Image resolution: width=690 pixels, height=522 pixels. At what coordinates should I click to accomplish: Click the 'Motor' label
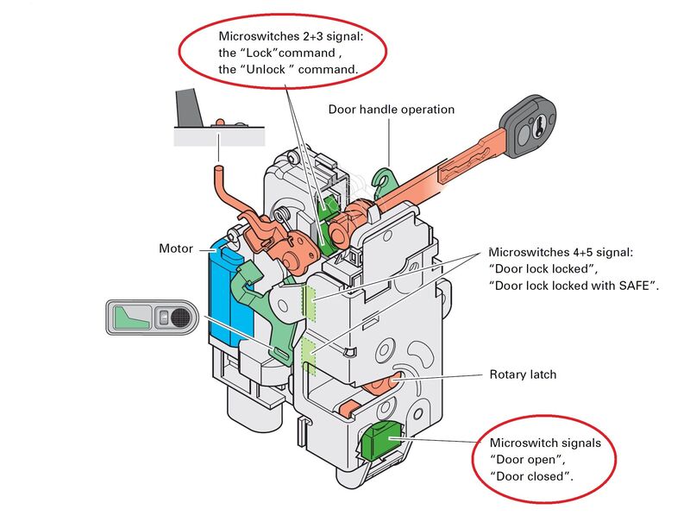point(176,248)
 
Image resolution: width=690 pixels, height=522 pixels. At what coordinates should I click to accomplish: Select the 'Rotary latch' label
point(523,374)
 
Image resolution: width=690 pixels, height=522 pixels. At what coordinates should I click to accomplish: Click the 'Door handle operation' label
point(392,110)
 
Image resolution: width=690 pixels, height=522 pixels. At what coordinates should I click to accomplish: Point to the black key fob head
point(528,127)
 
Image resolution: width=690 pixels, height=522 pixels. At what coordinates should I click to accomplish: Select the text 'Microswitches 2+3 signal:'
point(292,36)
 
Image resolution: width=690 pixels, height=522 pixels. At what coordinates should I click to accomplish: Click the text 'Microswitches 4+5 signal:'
point(561,253)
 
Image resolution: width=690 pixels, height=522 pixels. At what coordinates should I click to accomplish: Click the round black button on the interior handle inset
point(179,317)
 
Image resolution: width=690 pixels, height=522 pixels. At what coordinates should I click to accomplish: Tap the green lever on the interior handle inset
point(131,318)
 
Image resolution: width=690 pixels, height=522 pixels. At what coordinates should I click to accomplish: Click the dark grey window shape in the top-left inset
point(188,108)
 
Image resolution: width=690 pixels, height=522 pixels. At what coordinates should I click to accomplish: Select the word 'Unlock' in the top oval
point(266,70)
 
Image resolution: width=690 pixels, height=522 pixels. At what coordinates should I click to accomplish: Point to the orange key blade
point(469,163)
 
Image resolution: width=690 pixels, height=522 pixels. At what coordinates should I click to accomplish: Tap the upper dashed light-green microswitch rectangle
point(310,301)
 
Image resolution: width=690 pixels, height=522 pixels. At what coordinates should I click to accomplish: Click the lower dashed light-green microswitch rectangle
point(309,356)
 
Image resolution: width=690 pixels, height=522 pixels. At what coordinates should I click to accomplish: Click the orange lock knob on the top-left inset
point(220,122)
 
